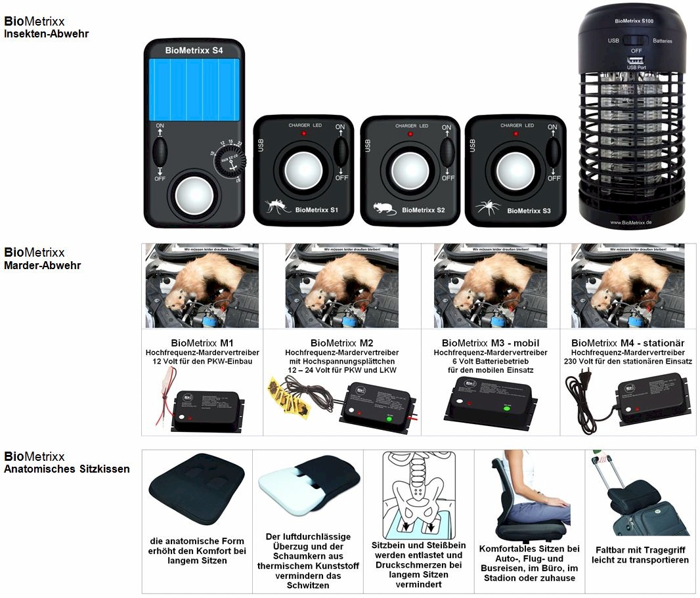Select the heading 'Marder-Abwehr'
pos(43,266)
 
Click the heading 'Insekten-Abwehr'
pos(46,33)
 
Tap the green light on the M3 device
pos(506,407)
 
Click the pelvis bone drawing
pos(418,499)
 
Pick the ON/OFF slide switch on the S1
pos(340,152)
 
